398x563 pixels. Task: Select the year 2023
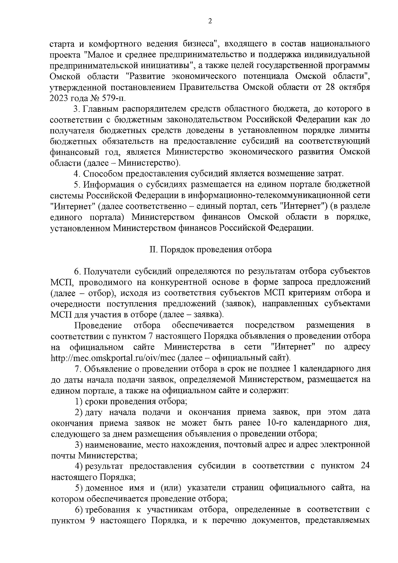pos(58,98)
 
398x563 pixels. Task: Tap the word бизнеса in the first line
pos(198,43)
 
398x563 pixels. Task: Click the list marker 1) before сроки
pos(79,401)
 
